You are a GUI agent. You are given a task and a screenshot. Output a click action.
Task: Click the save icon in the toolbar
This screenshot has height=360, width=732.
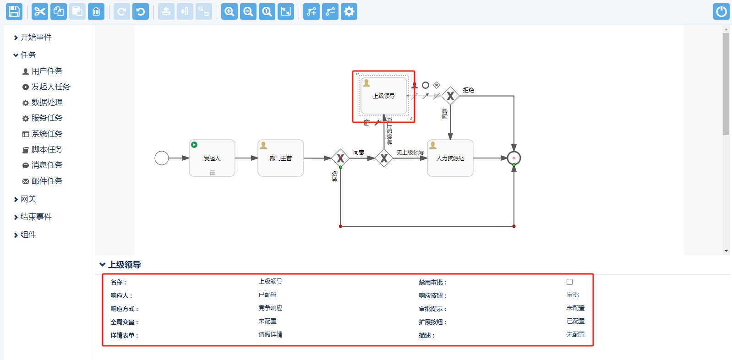point(14,11)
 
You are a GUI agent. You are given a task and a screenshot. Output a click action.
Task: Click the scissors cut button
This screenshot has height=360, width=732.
point(40,11)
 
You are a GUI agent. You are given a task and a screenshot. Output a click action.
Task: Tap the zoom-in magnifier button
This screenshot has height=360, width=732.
point(229,11)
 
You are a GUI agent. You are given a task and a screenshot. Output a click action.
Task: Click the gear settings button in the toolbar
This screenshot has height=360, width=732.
point(349,11)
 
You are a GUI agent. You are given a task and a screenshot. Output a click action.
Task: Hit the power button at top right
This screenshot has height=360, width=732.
point(721,11)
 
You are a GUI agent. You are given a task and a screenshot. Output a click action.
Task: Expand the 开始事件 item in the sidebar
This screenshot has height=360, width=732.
point(36,37)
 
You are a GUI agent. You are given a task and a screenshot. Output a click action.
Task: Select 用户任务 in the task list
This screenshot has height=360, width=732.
point(47,71)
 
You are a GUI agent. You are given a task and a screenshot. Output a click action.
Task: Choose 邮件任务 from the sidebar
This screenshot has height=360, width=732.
point(47,181)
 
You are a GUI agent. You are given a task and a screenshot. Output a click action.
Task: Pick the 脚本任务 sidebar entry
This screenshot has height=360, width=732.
point(47,149)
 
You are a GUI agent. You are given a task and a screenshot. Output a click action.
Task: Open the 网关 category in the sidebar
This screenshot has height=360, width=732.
point(28,199)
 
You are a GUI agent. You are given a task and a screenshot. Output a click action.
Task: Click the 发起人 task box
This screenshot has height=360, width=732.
point(212,158)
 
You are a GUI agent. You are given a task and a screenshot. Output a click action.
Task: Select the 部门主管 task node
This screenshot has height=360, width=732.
point(281,158)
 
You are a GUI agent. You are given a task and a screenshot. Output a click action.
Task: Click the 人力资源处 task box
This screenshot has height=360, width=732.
point(450,158)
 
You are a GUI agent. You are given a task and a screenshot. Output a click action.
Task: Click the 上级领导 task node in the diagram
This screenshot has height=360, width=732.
point(384,96)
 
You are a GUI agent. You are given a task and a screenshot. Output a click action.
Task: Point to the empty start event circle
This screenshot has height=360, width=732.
point(162,158)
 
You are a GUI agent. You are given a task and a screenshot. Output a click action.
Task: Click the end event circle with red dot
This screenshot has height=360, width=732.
point(514,158)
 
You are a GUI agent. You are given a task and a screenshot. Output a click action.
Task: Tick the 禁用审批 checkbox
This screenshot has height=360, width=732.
point(569,282)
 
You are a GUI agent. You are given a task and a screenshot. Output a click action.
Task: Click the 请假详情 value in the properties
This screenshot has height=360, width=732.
point(270,335)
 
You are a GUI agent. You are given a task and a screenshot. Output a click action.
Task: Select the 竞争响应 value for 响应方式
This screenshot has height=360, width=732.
point(270,308)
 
